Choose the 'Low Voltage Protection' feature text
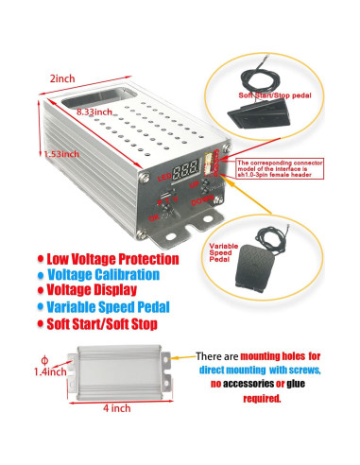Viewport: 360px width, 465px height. click(x=111, y=257)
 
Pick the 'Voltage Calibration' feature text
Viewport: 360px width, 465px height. click(x=108, y=274)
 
